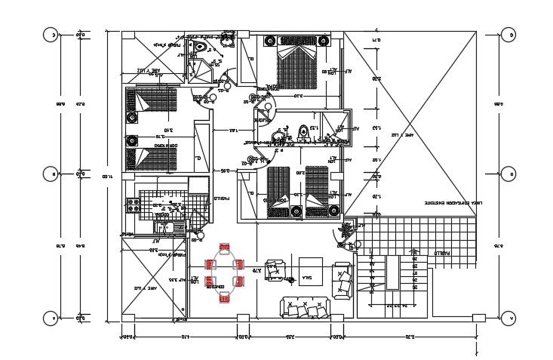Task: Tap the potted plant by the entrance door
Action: tap(349, 229)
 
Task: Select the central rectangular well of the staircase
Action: tap(392, 272)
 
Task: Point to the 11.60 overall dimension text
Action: tap(109, 175)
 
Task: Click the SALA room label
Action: tap(308, 278)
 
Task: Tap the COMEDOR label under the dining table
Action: tap(217, 288)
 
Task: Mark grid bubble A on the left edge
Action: tap(51, 318)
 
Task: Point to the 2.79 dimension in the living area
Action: tap(257, 269)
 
